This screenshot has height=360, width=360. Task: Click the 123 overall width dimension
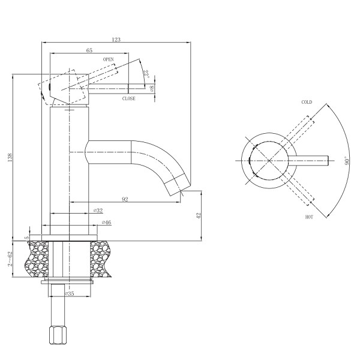tap(116, 40)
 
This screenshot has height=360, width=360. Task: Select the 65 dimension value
tap(89, 50)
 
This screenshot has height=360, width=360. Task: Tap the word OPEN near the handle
tap(109, 59)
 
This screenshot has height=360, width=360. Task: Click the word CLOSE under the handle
tap(129, 98)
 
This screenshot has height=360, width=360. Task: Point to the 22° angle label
tap(146, 74)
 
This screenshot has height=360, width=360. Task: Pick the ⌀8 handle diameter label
tap(152, 89)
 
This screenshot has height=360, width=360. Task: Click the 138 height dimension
tap(10, 157)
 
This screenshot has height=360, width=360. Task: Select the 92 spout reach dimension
tap(125, 199)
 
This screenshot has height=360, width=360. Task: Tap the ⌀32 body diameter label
tap(98, 211)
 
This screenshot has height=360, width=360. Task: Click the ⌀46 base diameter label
tap(107, 222)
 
